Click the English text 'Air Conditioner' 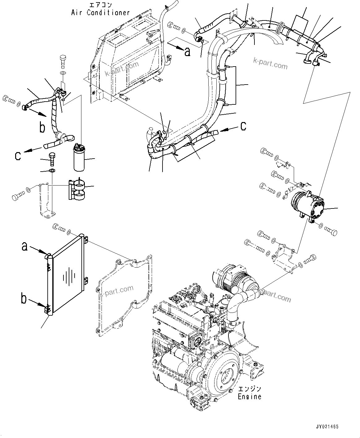pyautogui.click(x=100, y=13)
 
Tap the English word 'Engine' pyautogui.click(x=249, y=396)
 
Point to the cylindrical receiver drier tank pyautogui.click(x=79, y=158)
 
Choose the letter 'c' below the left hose pyautogui.click(x=18, y=155)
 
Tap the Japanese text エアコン pyautogui.click(x=100, y=5)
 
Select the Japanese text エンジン pyautogui.click(x=249, y=389)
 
